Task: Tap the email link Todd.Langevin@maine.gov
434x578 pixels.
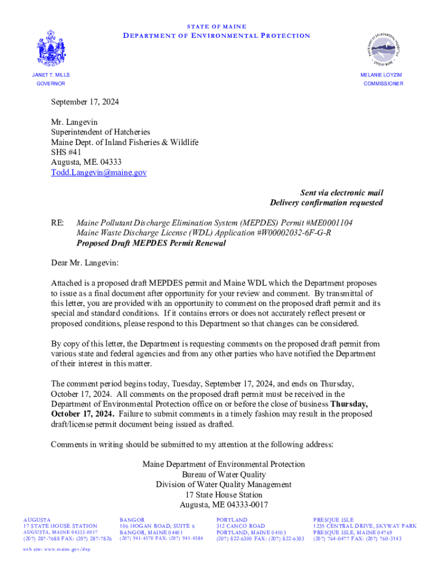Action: [99, 173]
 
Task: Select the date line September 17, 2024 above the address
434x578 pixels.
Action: [85, 102]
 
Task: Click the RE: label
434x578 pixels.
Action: [57, 223]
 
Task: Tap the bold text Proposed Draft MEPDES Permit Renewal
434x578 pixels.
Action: [151, 243]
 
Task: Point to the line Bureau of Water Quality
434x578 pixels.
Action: [224, 474]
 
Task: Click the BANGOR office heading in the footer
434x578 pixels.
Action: [132, 519]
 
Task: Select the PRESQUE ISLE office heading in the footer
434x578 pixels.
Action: [333, 519]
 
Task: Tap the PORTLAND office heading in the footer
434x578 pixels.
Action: [232, 519]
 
